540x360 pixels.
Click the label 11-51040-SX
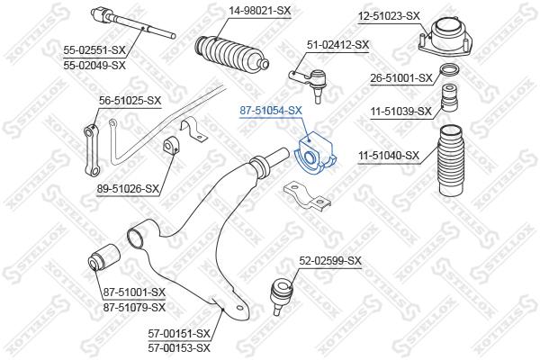(389, 155)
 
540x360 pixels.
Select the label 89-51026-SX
(129, 188)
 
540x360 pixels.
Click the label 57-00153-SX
(179, 346)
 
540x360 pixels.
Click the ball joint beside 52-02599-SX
(280, 292)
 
